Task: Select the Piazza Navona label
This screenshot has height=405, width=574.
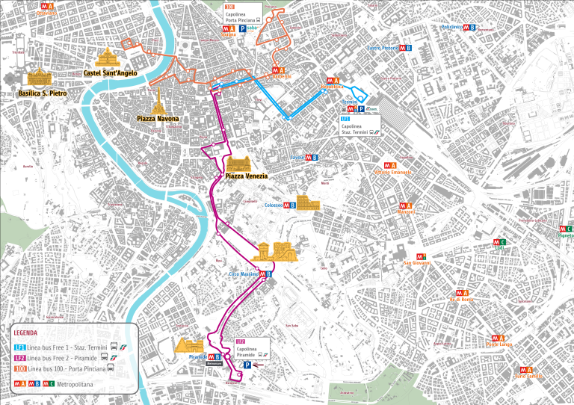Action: [158, 118]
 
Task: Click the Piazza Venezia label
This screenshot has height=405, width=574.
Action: [246, 176]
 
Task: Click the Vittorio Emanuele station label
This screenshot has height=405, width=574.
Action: [392, 173]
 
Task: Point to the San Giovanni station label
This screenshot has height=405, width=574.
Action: [416, 263]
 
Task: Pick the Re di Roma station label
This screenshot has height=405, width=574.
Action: [461, 300]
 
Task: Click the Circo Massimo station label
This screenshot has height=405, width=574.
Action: [243, 274]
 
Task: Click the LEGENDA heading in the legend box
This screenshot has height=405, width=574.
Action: [26, 333]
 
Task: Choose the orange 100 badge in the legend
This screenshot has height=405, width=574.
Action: [19, 369]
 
